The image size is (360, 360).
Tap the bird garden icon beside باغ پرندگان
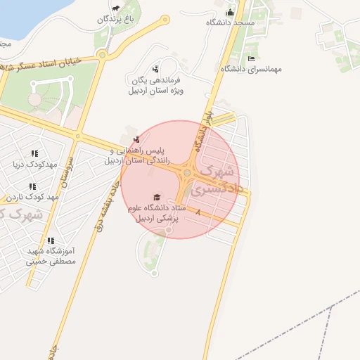coord(114,9)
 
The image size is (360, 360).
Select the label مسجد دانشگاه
coord(230,23)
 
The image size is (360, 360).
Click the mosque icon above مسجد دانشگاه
coord(229,13)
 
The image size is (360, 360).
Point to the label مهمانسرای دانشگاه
coord(251,69)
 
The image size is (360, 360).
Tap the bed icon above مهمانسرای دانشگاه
coord(251,58)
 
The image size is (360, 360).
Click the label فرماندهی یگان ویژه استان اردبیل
coord(155,85)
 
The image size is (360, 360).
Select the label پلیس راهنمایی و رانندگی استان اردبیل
coord(136,156)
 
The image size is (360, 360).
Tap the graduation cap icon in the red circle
coord(156,197)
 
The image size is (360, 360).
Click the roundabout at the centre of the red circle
coord(188,173)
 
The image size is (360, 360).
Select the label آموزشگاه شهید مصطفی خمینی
coord(51,255)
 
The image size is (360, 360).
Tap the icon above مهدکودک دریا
coord(34,154)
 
